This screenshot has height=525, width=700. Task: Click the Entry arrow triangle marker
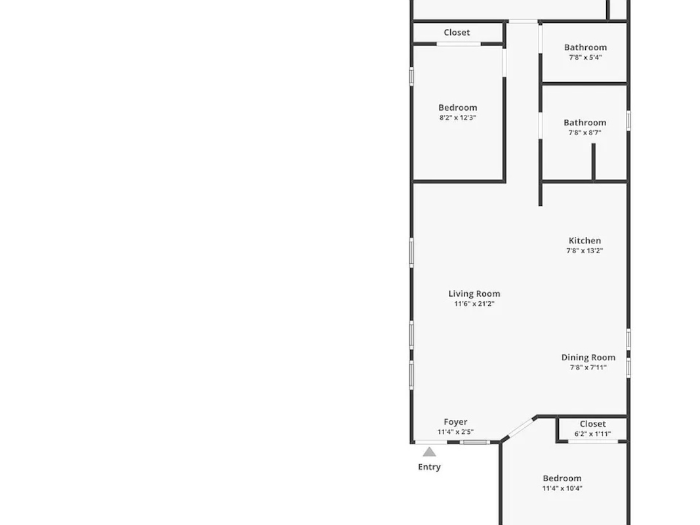[429, 452]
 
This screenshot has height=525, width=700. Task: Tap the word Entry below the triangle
[429, 467]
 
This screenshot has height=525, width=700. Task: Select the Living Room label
[474, 294]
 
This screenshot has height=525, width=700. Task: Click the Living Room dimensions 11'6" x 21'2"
[474, 304]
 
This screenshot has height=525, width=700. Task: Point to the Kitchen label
[585, 241]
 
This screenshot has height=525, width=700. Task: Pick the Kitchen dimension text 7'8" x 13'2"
[585, 251]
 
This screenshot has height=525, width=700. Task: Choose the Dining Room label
[588, 358]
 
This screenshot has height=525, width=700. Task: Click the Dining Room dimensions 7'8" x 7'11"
[588, 368]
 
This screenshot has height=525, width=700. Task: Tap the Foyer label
[455, 422]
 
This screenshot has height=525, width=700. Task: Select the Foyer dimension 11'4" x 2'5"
[455, 432]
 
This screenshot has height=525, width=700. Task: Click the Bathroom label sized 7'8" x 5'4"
[585, 47]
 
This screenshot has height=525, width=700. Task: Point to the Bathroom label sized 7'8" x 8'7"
[585, 123]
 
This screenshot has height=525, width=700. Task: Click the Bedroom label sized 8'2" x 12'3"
[457, 108]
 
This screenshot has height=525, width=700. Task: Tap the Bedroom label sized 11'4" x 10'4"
[562, 478]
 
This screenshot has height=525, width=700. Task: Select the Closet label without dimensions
[457, 33]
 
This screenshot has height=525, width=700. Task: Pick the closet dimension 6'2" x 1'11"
[592, 434]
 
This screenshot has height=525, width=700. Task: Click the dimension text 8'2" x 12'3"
[457, 118]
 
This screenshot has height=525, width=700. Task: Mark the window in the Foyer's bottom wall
[475, 442]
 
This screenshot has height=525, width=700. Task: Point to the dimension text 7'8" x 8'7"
[585, 133]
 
